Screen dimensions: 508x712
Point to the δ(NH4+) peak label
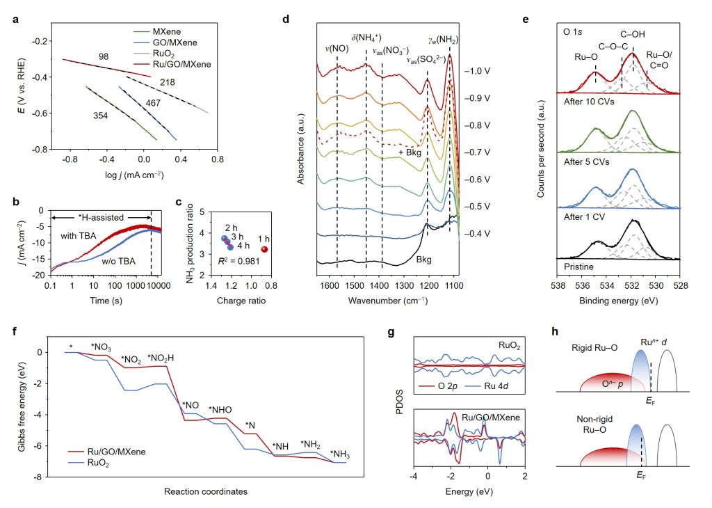(366, 38)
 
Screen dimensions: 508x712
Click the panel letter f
(15, 331)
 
